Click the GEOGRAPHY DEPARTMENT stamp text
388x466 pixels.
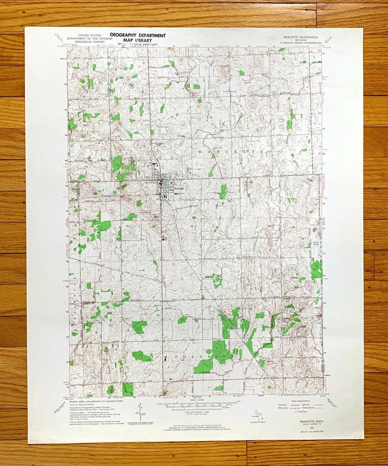pos(138,35)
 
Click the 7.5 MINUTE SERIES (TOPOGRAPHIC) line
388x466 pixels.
pos(298,43)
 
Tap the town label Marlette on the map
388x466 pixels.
pos(179,189)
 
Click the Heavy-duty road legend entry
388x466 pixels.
pos(283,405)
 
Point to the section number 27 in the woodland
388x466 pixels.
pos(223,359)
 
